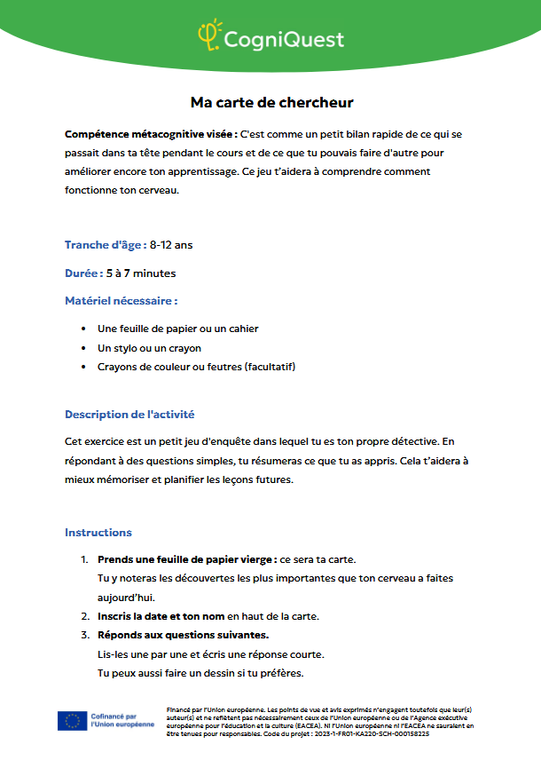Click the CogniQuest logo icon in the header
pyautogui.click(x=208, y=36)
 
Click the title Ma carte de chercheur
pyautogui.click(x=271, y=103)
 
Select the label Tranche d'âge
pyautogui.click(x=105, y=245)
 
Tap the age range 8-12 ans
pyautogui.click(x=171, y=245)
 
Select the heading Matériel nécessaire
pyautogui.click(x=121, y=301)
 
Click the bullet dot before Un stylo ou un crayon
pyautogui.click(x=83, y=348)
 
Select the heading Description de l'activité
pyautogui.click(x=129, y=415)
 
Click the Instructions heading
pyautogui.click(x=98, y=533)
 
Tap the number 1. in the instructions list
pyautogui.click(x=84, y=559)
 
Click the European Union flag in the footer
pyautogui.click(x=72, y=721)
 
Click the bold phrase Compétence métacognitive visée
pyautogui.click(x=150, y=134)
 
